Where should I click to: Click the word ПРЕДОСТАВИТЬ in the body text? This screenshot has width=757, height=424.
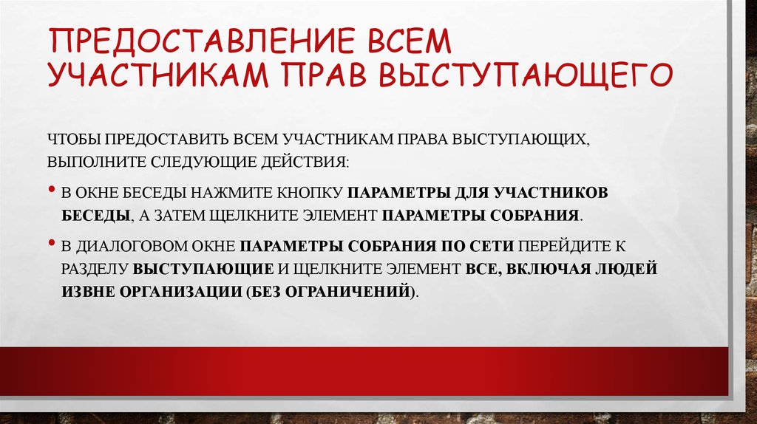point(164,139)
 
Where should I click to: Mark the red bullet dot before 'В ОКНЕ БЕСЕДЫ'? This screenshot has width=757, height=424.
point(52,191)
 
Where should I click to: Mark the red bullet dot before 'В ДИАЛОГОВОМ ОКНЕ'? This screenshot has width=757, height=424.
point(52,242)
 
